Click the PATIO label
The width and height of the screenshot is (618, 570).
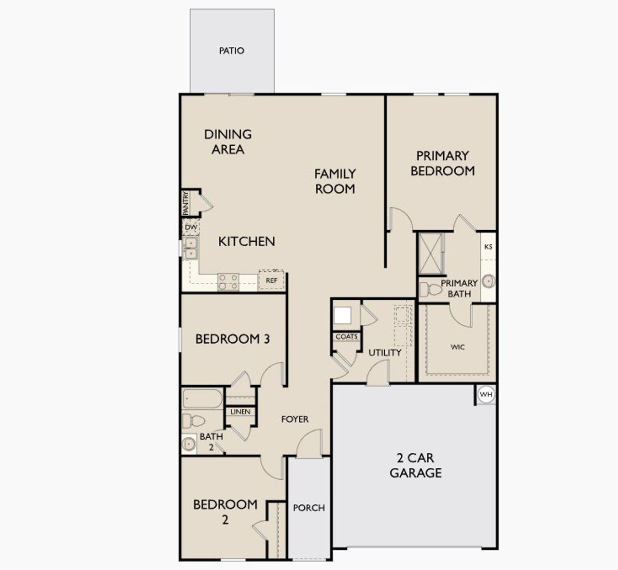coord(231,51)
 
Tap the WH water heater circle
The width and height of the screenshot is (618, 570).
coord(486,395)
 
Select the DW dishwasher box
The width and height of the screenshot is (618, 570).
coord(191,227)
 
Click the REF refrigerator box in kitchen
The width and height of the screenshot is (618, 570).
coord(271,280)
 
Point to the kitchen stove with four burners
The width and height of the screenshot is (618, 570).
coord(228,281)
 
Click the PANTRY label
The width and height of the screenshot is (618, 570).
coord(185,203)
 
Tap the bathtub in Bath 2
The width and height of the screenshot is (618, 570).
coord(202,399)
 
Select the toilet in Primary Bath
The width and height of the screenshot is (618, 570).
coord(429,290)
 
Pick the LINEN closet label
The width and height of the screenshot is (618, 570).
coord(240,412)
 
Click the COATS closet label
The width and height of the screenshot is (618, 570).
coord(346,337)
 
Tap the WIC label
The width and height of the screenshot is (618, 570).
coord(457,347)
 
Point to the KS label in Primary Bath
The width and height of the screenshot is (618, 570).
coord(488,247)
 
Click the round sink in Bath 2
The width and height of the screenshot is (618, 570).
coord(188,443)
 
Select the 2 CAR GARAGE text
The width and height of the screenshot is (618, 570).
coord(415,465)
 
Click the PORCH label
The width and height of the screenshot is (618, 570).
coord(309,508)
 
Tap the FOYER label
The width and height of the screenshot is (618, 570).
coord(295,419)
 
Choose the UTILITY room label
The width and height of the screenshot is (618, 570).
coord(385,353)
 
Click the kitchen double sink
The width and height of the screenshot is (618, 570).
coord(191,248)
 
